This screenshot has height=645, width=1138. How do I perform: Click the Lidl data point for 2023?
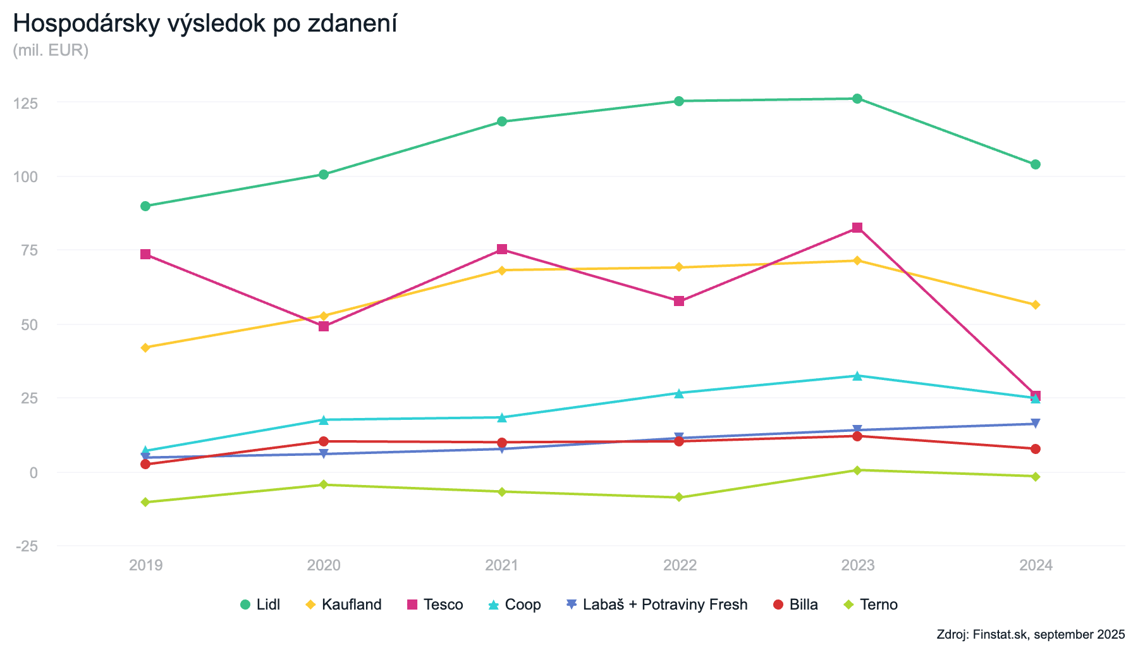pos(857,99)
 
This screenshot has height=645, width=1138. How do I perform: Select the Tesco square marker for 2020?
pos(324,326)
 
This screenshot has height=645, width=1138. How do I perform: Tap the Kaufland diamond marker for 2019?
pos(145,348)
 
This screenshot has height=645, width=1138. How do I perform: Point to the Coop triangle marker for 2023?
pos(857,376)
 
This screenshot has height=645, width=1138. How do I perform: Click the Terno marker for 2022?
pos(679,498)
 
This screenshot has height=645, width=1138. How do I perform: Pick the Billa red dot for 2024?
pos(1036,449)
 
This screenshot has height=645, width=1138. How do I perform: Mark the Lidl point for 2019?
pos(145,206)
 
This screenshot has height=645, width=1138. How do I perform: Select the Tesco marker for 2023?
pos(857,228)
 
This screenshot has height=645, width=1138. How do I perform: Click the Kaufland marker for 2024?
pos(1036,305)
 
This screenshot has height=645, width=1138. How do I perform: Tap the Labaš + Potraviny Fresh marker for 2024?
pos(1036,424)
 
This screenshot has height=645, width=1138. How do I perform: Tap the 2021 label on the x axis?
pos(502,565)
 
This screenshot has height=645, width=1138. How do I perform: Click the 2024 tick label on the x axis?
pos(1036,565)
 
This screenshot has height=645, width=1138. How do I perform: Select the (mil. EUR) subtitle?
pos(51,50)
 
